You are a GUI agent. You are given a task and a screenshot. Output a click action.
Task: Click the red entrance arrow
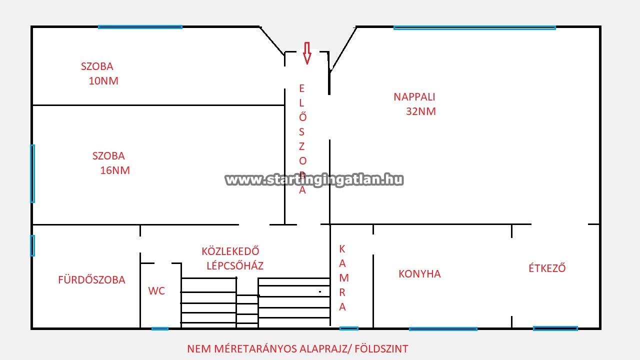(307, 53)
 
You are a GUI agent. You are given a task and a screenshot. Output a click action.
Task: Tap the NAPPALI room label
(414, 97)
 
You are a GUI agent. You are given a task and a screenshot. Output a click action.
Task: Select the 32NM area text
(421, 111)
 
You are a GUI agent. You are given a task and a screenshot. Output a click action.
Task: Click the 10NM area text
(103, 81)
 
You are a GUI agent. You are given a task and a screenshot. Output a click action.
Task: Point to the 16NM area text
(115, 170)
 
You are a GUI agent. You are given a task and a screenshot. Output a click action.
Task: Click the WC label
(156, 291)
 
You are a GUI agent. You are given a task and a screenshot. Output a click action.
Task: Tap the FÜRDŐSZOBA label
(91, 279)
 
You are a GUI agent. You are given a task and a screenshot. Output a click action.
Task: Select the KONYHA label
(419, 274)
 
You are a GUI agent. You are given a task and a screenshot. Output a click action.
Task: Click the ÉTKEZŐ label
(547, 268)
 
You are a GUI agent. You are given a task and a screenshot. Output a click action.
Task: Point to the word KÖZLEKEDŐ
(230, 251)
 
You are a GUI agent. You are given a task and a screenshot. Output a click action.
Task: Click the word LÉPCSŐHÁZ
(235, 265)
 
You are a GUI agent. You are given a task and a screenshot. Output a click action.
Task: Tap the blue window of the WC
(160, 329)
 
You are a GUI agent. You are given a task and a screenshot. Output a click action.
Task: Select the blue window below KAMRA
(349, 328)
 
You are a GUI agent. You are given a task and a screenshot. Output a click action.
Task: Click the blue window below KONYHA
(443, 329)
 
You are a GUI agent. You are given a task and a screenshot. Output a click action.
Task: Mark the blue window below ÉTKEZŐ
(555, 328)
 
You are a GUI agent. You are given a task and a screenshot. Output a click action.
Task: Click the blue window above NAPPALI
(474, 27)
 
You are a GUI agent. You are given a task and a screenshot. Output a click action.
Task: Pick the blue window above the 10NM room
(140, 27)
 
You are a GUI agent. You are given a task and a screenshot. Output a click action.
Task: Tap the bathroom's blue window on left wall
(32, 245)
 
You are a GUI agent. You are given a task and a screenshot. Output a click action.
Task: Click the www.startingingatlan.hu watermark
(314, 180)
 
